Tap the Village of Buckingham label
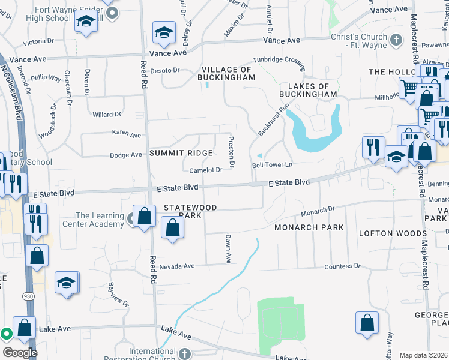pyautogui.click(x=228, y=74)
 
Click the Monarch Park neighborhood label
pyautogui.click(x=309, y=227)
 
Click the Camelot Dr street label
pyautogui.click(x=207, y=170)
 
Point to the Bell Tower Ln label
pyautogui.click(x=272, y=164)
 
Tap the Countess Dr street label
pyautogui.click(x=342, y=266)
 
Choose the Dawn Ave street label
pyautogui.click(x=228, y=248)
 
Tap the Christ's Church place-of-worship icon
pyautogui.click(x=395, y=40)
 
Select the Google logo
pyautogui.click(x=19, y=353)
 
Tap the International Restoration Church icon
pyautogui.click(x=185, y=354)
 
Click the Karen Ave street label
pyautogui.click(x=126, y=134)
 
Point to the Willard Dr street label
pyautogui.click(x=107, y=114)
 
